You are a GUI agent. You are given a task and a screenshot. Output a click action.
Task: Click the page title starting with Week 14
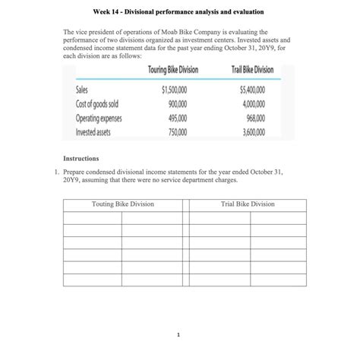click(x=179, y=13)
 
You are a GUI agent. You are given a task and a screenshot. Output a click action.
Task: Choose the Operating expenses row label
click(x=99, y=118)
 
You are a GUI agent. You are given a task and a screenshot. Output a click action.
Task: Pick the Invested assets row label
click(x=93, y=131)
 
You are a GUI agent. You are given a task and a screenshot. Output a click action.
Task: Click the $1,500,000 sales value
click(x=174, y=90)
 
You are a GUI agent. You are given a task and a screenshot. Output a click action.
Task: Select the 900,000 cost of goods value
click(x=177, y=103)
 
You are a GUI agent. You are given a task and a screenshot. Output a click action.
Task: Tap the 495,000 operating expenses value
click(x=177, y=118)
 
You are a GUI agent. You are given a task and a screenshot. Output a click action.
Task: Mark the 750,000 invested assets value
click(x=177, y=131)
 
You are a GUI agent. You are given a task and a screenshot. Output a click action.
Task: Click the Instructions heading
click(x=80, y=159)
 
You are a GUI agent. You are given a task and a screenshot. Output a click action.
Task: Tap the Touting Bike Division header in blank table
click(x=122, y=204)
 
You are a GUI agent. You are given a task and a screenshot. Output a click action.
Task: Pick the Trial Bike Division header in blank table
click(x=248, y=204)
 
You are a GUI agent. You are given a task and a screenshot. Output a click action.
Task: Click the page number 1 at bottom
click(x=177, y=333)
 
